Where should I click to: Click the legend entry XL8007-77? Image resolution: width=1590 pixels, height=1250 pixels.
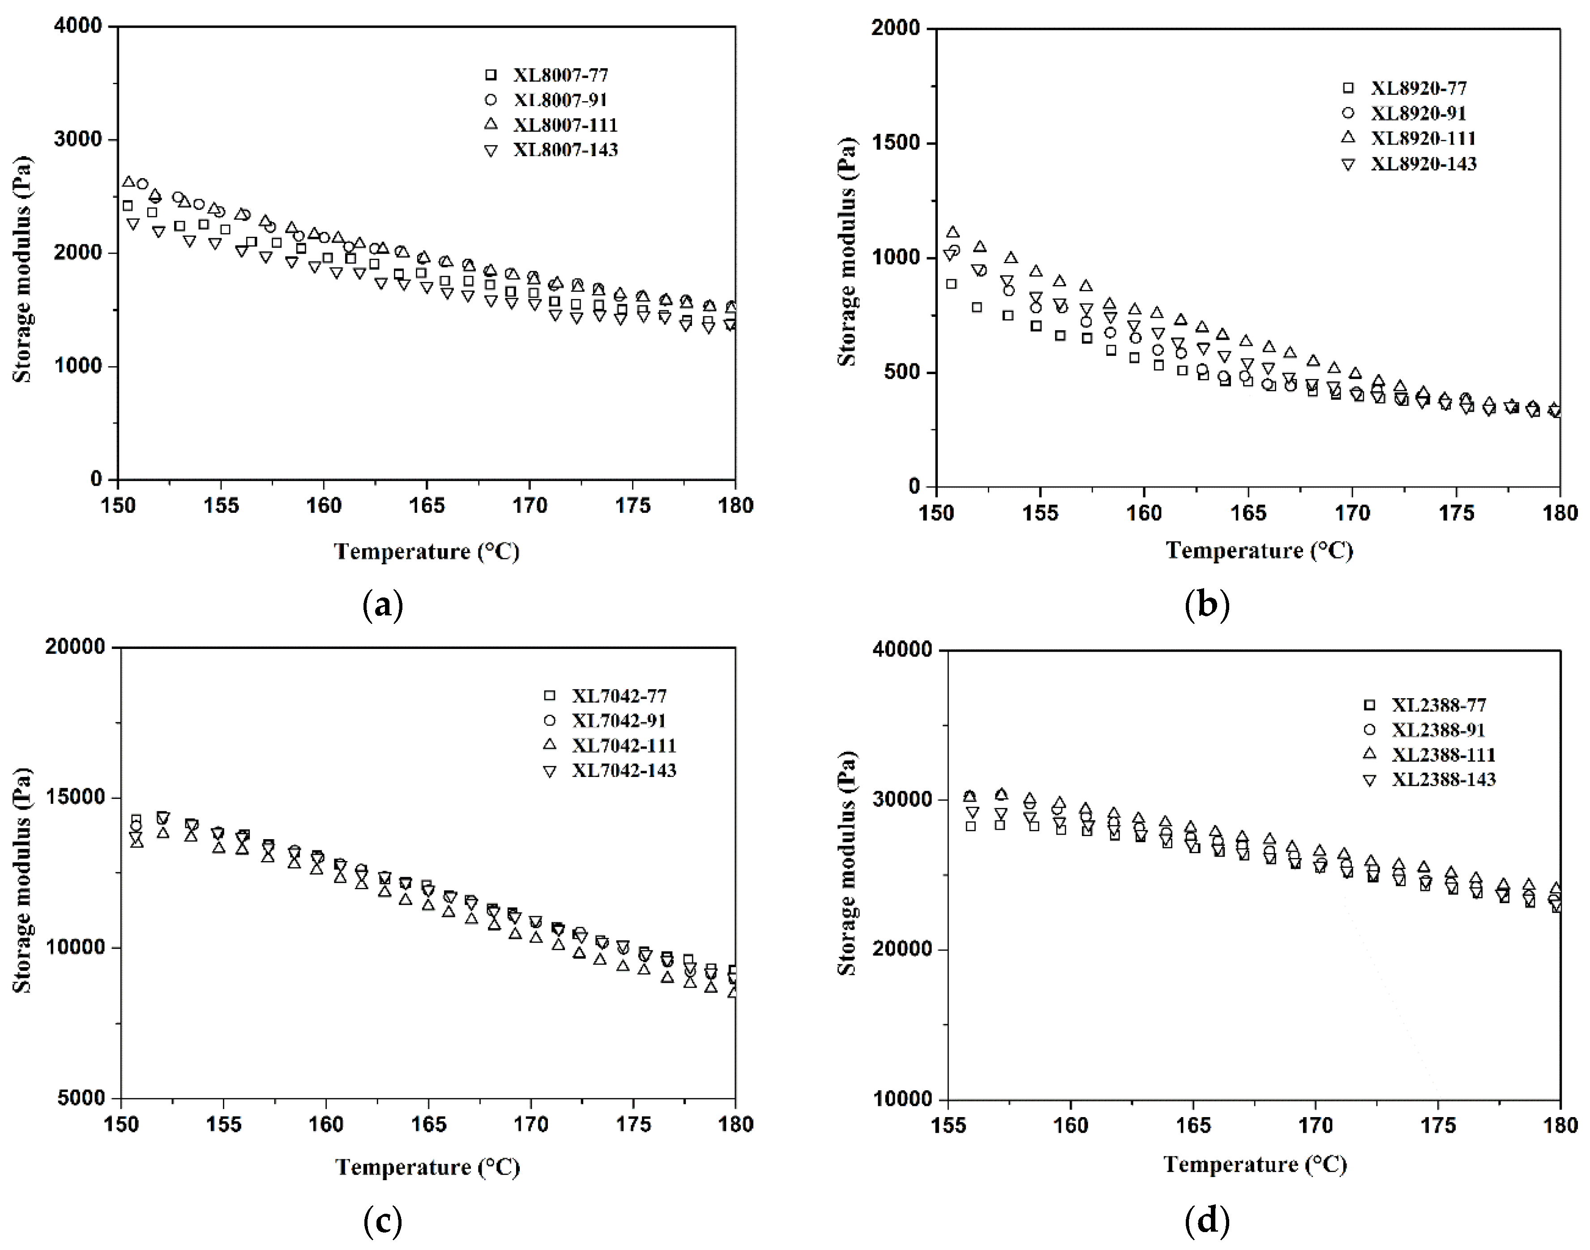[x=559, y=75]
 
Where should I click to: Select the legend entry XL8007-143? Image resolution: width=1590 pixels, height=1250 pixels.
[x=564, y=150]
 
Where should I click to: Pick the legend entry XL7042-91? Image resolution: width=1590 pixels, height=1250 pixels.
[x=619, y=721]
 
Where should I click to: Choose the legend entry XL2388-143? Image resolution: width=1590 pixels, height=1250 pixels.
[x=1443, y=780]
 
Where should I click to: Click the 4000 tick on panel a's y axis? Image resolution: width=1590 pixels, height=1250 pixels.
[x=77, y=26]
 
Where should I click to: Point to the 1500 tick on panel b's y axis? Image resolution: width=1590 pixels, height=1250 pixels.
[x=895, y=143]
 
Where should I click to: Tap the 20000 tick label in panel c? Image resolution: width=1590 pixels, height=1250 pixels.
[x=75, y=647]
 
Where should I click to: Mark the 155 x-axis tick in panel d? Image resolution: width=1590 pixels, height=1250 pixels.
[x=948, y=1125]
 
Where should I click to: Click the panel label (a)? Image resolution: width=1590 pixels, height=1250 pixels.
[x=383, y=606]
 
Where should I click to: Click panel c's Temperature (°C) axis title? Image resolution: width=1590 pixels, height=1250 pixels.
[x=427, y=1167]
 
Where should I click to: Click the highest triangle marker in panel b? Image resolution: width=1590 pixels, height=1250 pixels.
[x=953, y=232]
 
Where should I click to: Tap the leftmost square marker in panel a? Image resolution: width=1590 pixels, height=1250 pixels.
[x=128, y=206]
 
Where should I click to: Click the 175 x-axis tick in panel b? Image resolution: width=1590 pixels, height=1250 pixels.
[x=1456, y=513]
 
